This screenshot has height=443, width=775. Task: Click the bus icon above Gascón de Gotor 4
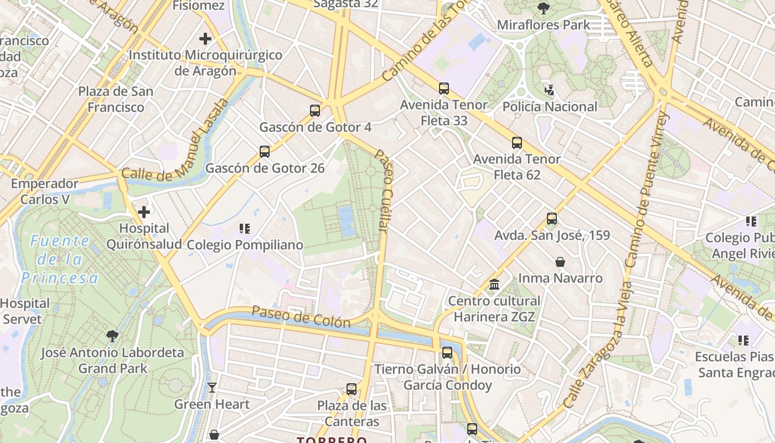315,111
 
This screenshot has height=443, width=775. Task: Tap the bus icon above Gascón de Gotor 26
265,152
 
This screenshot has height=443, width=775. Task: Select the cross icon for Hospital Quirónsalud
144,212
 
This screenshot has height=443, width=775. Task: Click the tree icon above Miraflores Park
544,8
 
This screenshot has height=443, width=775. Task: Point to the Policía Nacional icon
549,90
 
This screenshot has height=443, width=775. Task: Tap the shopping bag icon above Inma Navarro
560,261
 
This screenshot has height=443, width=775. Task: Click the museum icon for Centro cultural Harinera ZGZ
494,285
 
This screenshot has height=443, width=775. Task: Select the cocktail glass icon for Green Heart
212,388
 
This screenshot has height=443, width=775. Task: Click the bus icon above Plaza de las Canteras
352,389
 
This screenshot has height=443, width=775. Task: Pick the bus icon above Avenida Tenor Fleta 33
444,88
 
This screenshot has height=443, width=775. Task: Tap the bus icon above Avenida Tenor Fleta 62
517,143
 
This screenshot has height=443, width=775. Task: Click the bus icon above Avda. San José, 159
552,219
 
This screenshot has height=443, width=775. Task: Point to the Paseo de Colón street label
301,317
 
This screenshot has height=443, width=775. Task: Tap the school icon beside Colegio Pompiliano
245,228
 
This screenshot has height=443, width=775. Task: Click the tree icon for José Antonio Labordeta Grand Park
112,336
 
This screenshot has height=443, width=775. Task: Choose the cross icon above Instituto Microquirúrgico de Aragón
205,39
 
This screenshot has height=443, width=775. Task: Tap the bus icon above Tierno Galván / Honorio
447,353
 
